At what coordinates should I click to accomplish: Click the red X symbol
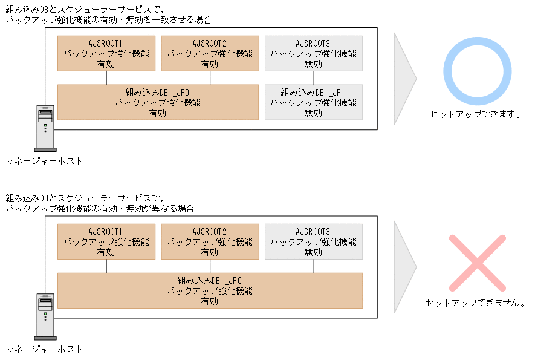[x=476, y=263]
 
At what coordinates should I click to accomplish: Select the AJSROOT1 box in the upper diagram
[x=106, y=53]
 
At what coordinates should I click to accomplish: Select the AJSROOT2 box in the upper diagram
[x=209, y=53]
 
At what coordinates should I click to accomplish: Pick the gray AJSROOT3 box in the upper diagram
[x=313, y=53]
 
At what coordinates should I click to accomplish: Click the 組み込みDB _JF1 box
[x=313, y=102]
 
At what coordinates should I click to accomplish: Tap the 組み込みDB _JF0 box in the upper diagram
[x=157, y=102]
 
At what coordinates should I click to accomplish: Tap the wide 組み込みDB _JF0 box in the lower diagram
[x=209, y=290]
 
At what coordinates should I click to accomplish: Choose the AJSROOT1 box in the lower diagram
[x=106, y=242]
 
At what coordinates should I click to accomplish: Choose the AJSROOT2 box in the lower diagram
[x=209, y=242]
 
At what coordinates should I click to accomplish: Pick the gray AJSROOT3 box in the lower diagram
[x=313, y=242]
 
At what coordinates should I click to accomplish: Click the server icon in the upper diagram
[x=45, y=127]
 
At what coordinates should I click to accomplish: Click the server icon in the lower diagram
[x=45, y=316]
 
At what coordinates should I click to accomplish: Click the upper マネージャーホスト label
[x=44, y=161]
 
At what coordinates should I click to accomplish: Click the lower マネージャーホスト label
[x=44, y=349]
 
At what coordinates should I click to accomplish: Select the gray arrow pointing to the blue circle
[x=403, y=78]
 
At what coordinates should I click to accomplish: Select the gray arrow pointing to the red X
[x=403, y=266]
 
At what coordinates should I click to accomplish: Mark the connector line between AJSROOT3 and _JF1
[x=314, y=78]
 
